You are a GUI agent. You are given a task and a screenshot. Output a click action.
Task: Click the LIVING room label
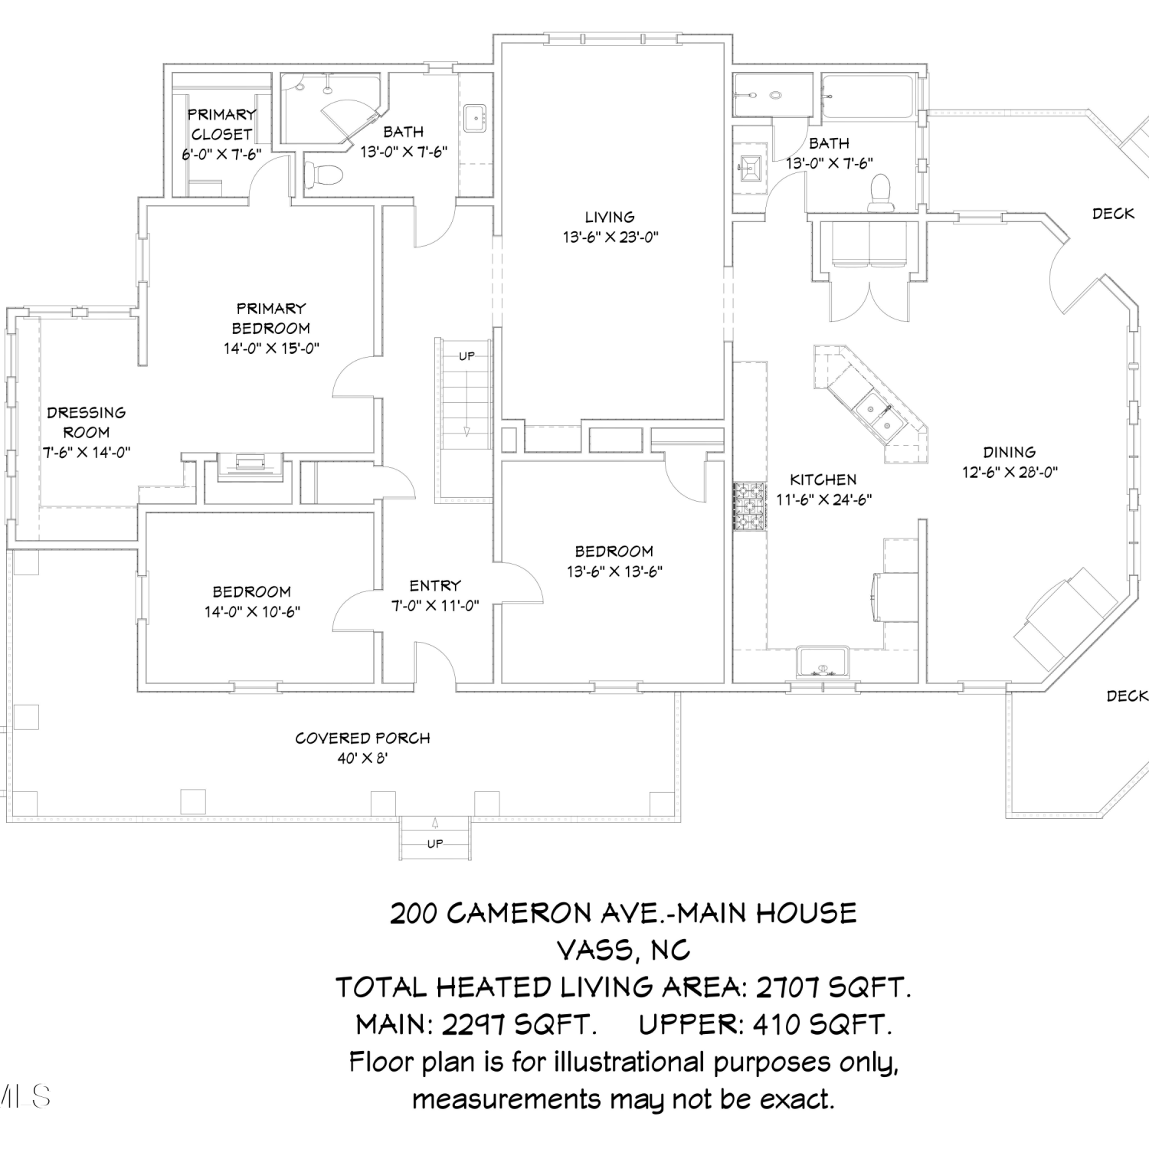pyautogui.click(x=610, y=218)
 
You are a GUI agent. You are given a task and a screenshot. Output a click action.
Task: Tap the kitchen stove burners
pyautogui.click(x=750, y=506)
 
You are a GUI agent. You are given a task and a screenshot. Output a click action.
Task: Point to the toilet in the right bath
pyautogui.click(x=880, y=193)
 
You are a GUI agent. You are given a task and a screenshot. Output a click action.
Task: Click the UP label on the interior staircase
pyautogui.click(x=466, y=355)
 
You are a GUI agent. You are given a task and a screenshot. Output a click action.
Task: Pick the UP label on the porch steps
pyautogui.click(x=435, y=844)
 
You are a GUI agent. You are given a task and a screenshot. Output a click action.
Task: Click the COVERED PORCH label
pyautogui.click(x=363, y=738)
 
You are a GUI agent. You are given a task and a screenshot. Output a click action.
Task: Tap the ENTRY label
pyautogui.click(x=435, y=586)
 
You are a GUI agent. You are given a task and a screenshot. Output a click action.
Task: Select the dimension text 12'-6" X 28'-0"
pyautogui.click(x=1010, y=473)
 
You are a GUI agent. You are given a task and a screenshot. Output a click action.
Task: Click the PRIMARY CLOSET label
pyautogui.click(x=221, y=124)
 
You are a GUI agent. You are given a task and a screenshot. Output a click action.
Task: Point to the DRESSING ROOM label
pyautogui.click(x=86, y=422)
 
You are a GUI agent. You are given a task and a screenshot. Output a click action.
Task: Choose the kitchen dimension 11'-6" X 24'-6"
pyautogui.click(x=823, y=500)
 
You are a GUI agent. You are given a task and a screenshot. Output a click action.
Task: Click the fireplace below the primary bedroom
pyautogui.click(x=250, y=466)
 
